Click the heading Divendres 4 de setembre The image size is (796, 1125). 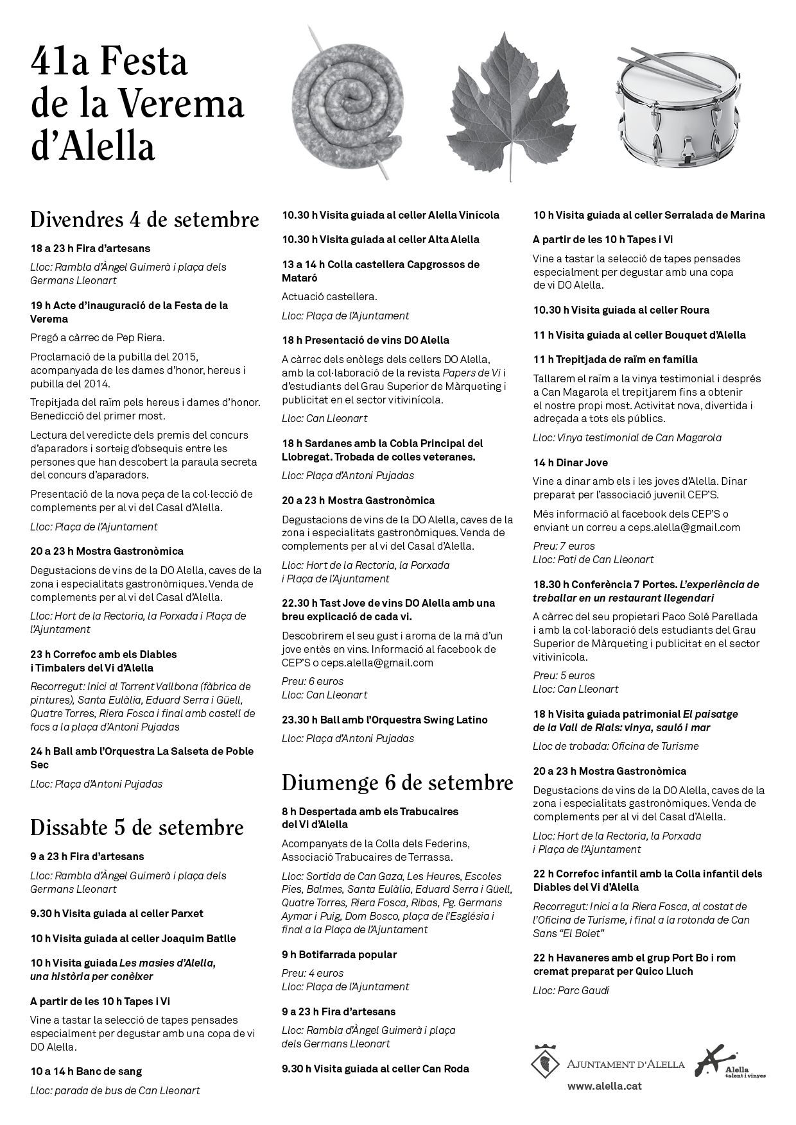pyautogui.click(x=144, y=219)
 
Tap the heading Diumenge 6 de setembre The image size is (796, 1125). pyautogui.click(x=397, y=782)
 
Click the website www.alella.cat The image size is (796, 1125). pyautogui.click(x=604, y=1086)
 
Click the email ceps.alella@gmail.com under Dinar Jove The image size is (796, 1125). pyautogui.click(x=671, y=527)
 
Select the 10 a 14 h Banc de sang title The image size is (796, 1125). pyautogui.click(x=86, y=1071)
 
